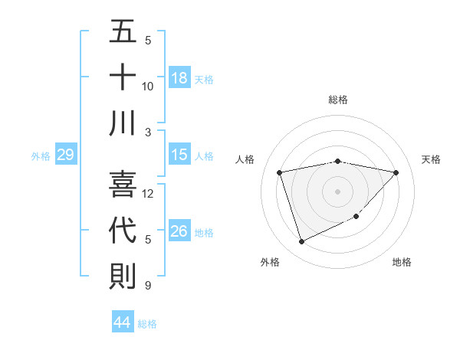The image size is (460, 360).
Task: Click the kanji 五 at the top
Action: click(123, 33)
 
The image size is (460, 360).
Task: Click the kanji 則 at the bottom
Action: click(123, 276)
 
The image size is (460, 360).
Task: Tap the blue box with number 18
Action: click(179, 77)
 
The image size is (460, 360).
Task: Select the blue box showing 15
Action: click(179, 155)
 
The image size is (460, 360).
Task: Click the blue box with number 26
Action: click(179, 231)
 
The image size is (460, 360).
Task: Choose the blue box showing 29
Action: click(65, 155)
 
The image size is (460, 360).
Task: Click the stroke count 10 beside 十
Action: click(148, 86)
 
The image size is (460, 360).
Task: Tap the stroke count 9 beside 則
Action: click(147, 286)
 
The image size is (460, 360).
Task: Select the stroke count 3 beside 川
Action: click(147, 132)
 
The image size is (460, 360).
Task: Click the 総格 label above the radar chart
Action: click(337, 100)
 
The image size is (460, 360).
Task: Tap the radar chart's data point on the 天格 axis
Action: click(396, 172)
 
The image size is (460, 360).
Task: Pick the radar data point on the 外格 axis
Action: click(301, 242)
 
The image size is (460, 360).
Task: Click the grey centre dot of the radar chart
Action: click(337, 191)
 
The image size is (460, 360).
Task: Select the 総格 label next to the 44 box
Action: click(147, 324)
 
